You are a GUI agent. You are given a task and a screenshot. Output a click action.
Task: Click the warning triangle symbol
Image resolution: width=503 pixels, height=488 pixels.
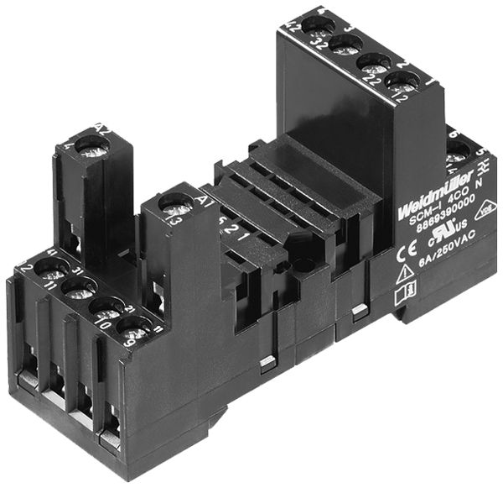(403, 273)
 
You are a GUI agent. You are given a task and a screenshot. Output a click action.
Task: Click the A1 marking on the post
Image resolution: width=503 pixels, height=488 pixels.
(201, 200)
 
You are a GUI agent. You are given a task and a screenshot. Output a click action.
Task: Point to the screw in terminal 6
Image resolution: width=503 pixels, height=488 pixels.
(458, 154)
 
